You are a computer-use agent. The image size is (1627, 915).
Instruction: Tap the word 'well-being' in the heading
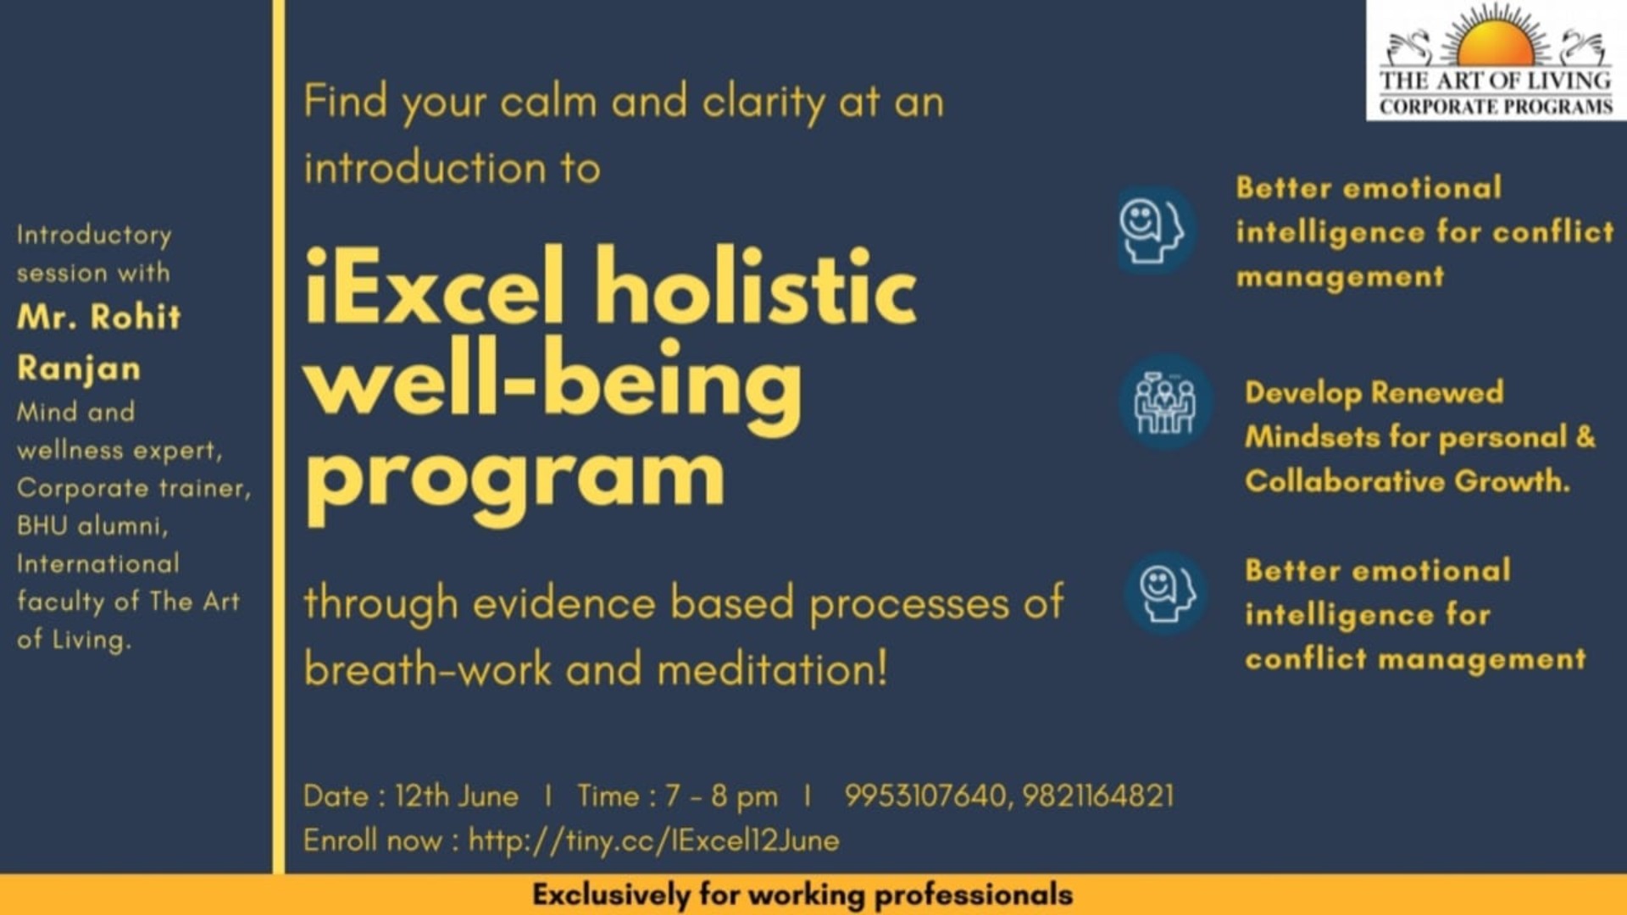coord(553,383)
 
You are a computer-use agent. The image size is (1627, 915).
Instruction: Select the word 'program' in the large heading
coord(514,476)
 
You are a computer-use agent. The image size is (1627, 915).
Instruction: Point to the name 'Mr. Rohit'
coord(99,317)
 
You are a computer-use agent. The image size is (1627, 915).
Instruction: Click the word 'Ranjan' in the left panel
coord(79,369)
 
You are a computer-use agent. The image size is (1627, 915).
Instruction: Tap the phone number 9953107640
coord(925,796)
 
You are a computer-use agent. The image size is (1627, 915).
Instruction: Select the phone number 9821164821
coord(1098,796)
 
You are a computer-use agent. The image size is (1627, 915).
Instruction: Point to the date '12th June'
coord(456,796)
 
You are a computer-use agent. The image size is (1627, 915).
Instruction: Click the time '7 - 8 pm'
coord(721,796)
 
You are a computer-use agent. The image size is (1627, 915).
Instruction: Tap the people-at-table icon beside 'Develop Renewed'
coord(1164,402)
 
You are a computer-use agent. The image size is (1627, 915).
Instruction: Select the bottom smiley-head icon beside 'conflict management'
coord(1166,593)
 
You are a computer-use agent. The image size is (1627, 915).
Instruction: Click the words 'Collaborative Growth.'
coord(1407,481)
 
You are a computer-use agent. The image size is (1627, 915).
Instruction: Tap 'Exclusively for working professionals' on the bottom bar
coord(802,895)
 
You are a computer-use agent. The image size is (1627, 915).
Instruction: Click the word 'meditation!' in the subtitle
coord(772,669)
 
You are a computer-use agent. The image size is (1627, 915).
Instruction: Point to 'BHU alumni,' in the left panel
coord(92,526)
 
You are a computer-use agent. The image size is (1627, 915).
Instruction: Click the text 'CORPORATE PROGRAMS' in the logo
coord(1496,107)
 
